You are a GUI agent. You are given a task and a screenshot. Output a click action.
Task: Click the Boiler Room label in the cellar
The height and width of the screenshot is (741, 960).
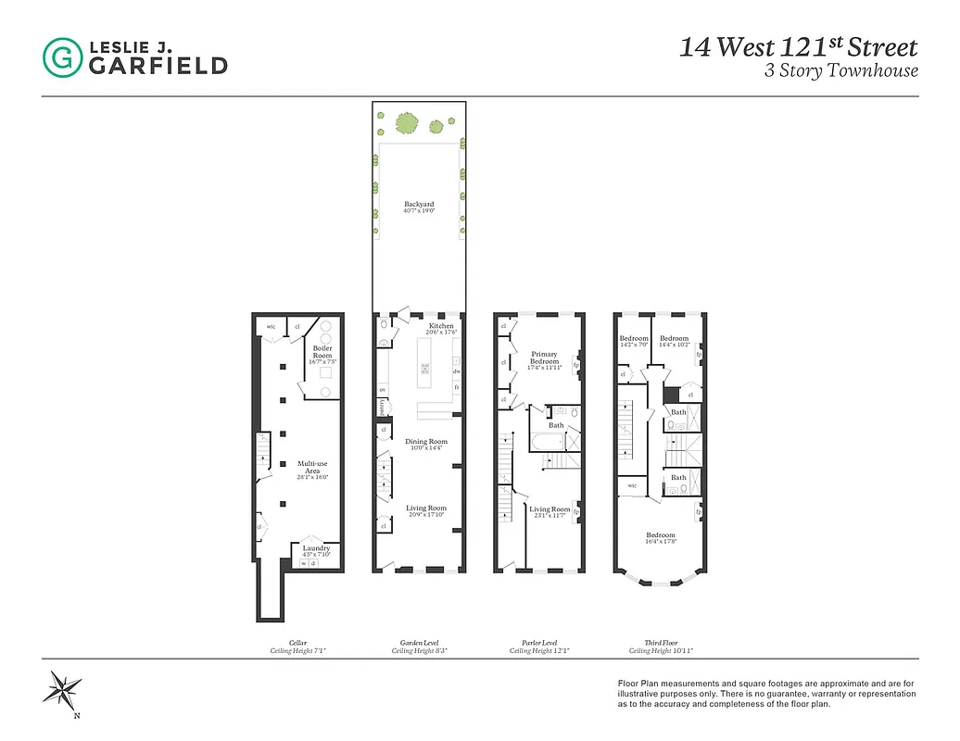(x=322, y=352)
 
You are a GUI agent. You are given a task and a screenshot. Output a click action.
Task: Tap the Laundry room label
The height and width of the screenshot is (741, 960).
(x=316, y=548)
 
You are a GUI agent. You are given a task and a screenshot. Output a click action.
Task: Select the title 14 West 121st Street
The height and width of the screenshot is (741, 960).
(x=798, y=47)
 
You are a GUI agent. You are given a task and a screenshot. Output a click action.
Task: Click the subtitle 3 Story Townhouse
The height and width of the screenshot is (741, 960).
(x=840, y=71)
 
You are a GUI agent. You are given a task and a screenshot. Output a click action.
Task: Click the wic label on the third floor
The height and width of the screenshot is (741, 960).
(x=631, y=484)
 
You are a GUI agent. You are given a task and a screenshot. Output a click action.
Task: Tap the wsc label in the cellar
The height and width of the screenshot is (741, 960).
(x=272, y=326)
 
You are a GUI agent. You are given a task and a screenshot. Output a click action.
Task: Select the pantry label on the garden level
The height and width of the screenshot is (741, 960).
(x=382, y=406)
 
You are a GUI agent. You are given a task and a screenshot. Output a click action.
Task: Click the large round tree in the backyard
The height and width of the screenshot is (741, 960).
(x=407, y=121)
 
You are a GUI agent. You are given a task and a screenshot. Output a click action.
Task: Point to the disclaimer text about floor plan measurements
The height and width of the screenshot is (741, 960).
(x=766, y=693)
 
